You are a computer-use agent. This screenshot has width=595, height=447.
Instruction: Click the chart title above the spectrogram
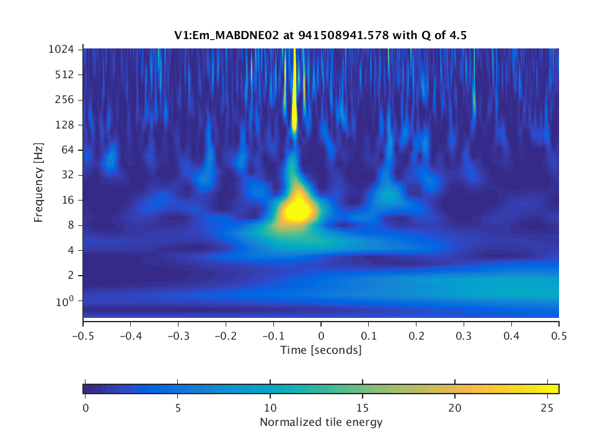320,36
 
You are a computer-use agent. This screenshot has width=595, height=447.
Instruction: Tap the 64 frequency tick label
69,150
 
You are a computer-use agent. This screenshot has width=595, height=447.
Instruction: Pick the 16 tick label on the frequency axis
69,200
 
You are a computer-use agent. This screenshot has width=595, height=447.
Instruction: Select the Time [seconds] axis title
320,350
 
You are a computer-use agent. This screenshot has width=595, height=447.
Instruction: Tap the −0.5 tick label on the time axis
83,335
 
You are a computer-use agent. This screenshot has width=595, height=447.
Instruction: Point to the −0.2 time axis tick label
226,335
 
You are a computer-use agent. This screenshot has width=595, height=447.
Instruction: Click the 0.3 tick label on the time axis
464,335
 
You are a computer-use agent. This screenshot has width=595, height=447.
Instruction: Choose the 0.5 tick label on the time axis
559,335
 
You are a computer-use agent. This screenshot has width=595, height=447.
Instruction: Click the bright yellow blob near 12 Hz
298,210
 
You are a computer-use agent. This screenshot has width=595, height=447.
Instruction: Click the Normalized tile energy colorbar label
320,423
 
